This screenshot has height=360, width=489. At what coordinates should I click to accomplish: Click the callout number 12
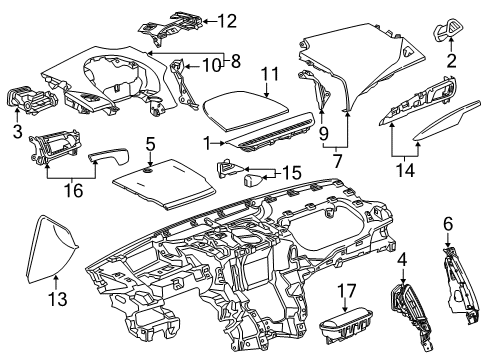(x=229, y=19)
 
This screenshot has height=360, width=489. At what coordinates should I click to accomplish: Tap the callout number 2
(x=452, y=62)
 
